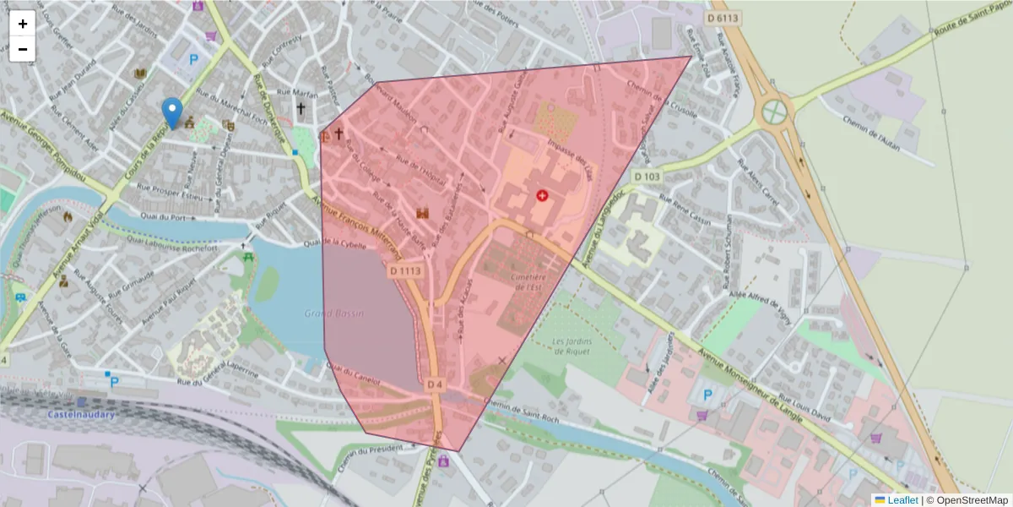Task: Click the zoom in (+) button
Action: pyautogui.click(x=22, y=24)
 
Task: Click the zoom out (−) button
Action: pyautogui.click(x=22, y=49)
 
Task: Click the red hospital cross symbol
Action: pyautogui.click(x=542, y=195)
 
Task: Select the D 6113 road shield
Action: pyautogui.click(x=723, y=18)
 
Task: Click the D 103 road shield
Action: pyautogui.click(x=646, y=176)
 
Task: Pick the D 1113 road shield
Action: pyautogui.click(x=405, y=271)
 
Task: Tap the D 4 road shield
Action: pyautogui.click(x=435, y=384)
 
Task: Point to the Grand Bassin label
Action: pyautogui.click(x=334, y=313)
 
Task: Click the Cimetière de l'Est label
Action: pyautogui.click(x=528, y=281)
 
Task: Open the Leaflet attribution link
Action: pyautogui.click(x=902, y=500)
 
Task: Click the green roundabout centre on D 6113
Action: pyautogui.click(x=774, y=112)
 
